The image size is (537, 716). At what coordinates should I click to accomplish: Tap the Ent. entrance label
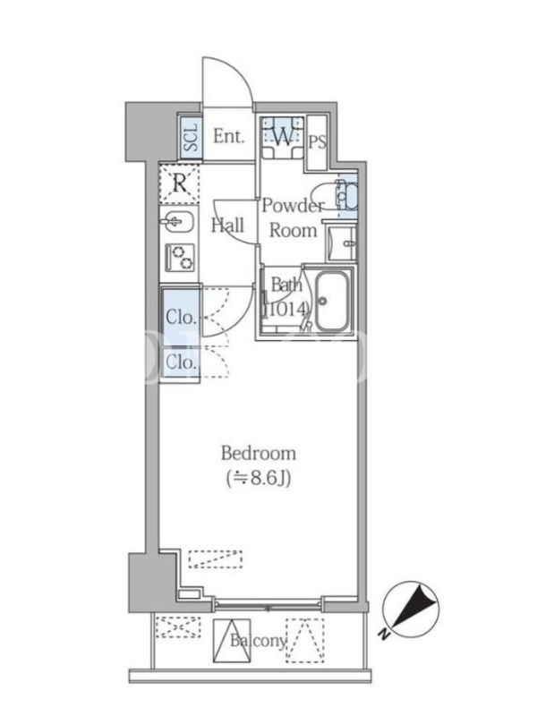coord(229,136)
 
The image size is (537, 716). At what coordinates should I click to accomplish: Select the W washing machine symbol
coord(282,137)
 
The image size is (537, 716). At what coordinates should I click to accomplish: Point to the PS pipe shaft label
coord(318,142)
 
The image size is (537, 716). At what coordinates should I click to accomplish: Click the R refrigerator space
coord(180,184)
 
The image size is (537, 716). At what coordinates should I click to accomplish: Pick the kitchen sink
coord(178,222)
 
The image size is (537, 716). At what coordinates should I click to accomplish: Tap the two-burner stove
coord(181,257)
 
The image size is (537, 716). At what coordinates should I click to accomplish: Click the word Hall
coord(228,226)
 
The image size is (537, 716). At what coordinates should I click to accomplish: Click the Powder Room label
coord(294,217)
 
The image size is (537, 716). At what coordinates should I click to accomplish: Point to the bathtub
coord(332,302)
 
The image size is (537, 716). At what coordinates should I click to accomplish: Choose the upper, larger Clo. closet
coord(182,317)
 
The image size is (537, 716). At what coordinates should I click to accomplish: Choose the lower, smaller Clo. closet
coord(182,363)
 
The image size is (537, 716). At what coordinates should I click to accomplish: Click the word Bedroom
coord(259,453)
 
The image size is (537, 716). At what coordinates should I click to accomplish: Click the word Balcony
coord(258,641)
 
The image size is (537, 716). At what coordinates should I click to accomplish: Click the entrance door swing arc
coord(236,70)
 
